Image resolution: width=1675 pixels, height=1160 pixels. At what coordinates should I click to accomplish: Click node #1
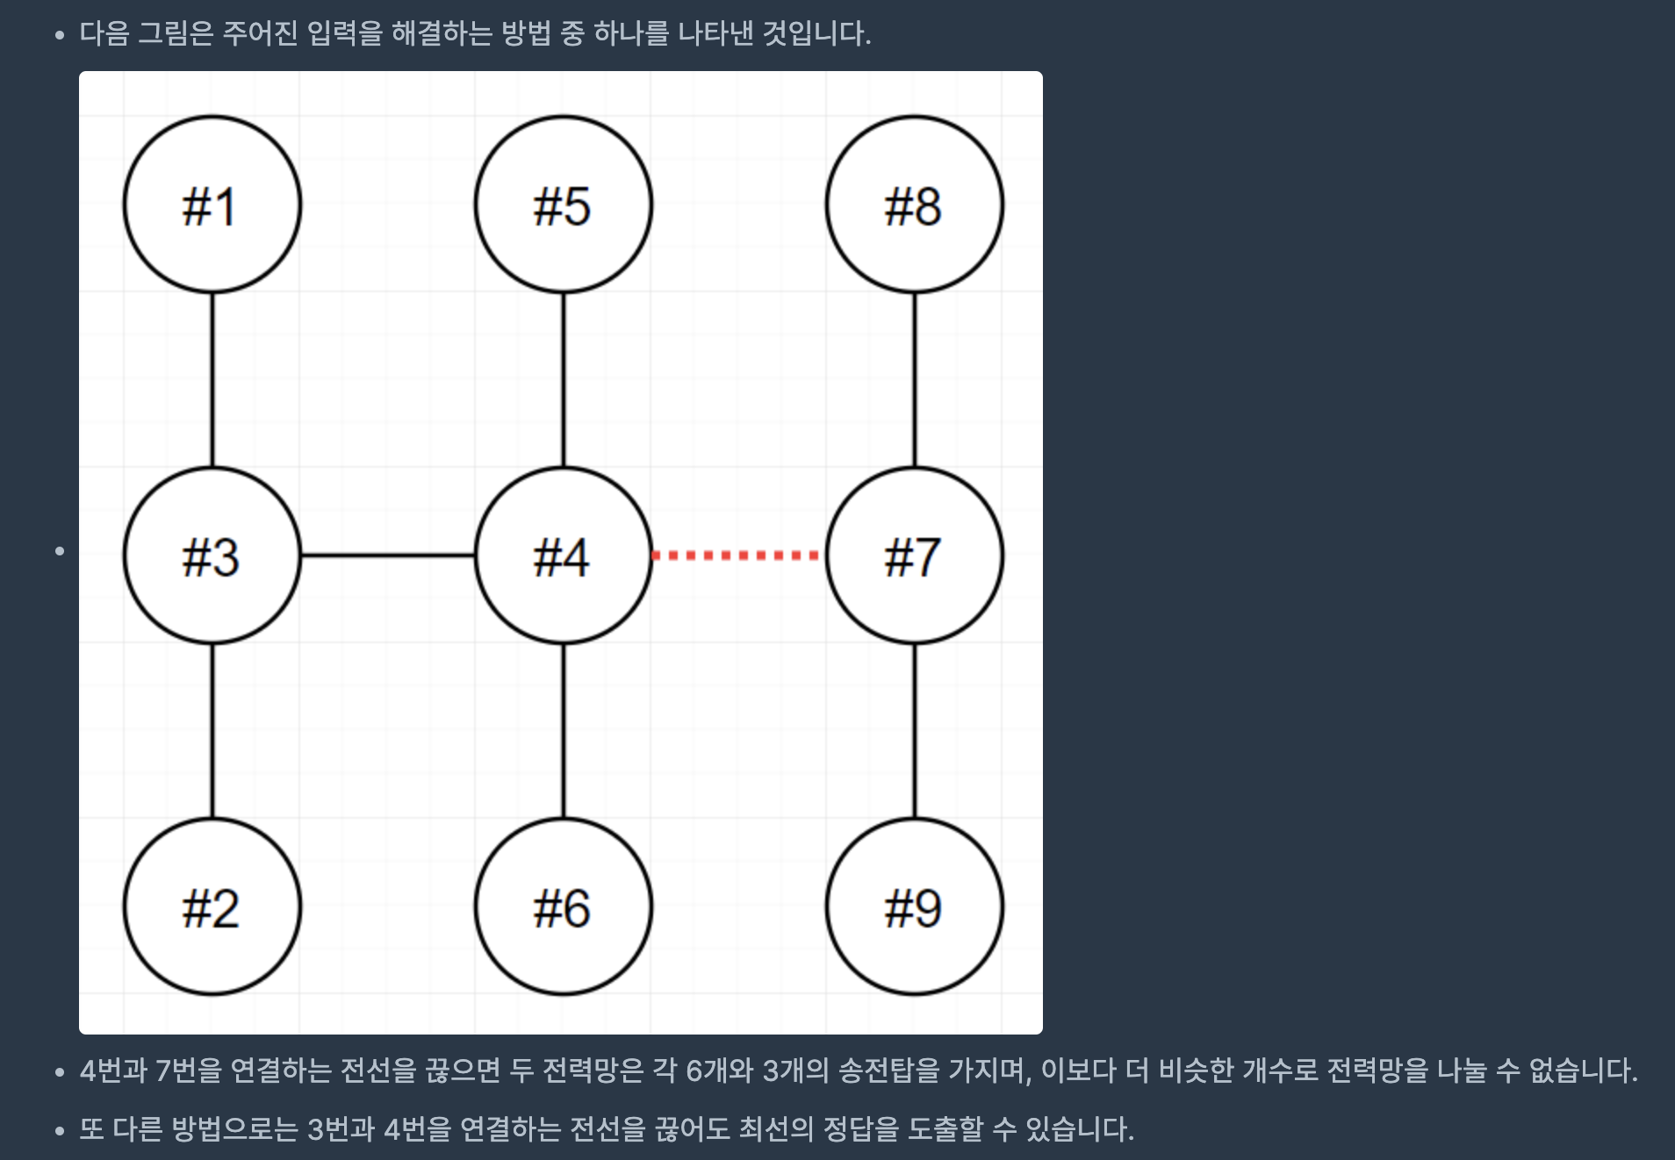(212, 204)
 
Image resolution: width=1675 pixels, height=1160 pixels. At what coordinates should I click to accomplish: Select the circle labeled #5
(564, 204)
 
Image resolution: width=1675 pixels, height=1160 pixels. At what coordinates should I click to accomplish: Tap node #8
(915, 204)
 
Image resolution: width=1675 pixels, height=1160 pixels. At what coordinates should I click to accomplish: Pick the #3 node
(212, 555)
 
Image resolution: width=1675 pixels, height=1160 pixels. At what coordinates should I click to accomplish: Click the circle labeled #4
(564, 555)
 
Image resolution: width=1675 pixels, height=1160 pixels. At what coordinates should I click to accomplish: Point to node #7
(915, 555)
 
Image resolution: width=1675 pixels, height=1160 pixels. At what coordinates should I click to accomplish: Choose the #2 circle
(212, 906)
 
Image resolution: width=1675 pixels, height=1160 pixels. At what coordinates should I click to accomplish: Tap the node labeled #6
(564, 906)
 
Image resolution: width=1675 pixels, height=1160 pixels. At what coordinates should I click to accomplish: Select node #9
(915, 906)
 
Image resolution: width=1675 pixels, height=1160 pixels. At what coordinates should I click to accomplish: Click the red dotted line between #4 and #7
(737, 555)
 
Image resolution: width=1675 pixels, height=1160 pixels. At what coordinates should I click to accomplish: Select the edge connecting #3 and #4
(388, 555)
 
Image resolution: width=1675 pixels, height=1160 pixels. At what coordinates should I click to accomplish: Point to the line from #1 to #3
(212, 380)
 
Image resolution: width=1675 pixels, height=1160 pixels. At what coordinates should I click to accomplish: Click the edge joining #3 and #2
(212, 731)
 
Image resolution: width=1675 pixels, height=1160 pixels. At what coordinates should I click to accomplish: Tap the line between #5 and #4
(564, 380)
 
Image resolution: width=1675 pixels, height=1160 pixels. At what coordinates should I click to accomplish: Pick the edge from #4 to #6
(564, 731)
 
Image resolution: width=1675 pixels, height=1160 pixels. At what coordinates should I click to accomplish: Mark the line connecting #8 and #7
(915, 380)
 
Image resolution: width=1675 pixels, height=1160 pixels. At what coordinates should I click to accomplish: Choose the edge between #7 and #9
(915, 731)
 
